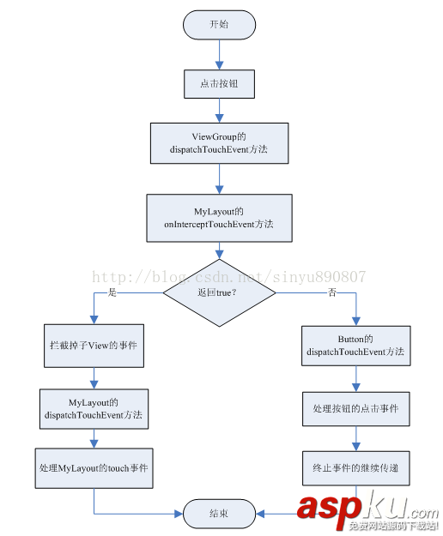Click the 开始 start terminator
[219, 24]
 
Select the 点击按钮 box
[219, 83]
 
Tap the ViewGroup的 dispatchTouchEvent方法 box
[219, 142]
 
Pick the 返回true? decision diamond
[219, 292]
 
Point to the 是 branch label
[110, 292]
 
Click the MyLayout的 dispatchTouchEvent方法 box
[93, 408]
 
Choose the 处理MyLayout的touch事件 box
[93, 468]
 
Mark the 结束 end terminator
[219, 513]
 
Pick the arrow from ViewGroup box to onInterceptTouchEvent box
[219, 178]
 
